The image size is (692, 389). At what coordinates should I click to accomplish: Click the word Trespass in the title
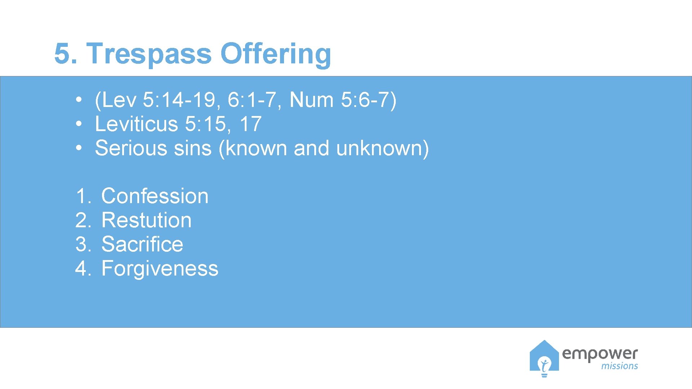[x=149, y=54]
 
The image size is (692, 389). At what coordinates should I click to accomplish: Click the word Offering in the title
[x=275, y=54]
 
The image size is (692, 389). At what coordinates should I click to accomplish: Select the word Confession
[x=155, y=196]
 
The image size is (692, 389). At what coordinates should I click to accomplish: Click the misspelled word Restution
[x=146, y=220]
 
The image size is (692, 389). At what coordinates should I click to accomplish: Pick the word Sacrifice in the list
[x=142, y=245]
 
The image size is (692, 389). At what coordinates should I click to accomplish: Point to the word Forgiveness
[x=160, y=269]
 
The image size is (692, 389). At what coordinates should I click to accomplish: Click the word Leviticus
[x=136, y=124]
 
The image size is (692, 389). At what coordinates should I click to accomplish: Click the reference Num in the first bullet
[x=311, y=100]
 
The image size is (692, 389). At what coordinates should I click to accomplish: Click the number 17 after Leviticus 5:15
[x=250, y=124]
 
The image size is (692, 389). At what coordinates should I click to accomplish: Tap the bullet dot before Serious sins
[x=79, y=148]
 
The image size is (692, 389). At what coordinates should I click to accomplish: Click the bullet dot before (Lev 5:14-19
[x=79, y=100]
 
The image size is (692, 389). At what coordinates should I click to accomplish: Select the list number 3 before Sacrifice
[x=83, y=245]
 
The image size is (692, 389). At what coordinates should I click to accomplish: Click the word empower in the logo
[x=600, y=354]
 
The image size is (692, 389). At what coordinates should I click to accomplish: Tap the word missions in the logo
[x=619, y=366]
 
